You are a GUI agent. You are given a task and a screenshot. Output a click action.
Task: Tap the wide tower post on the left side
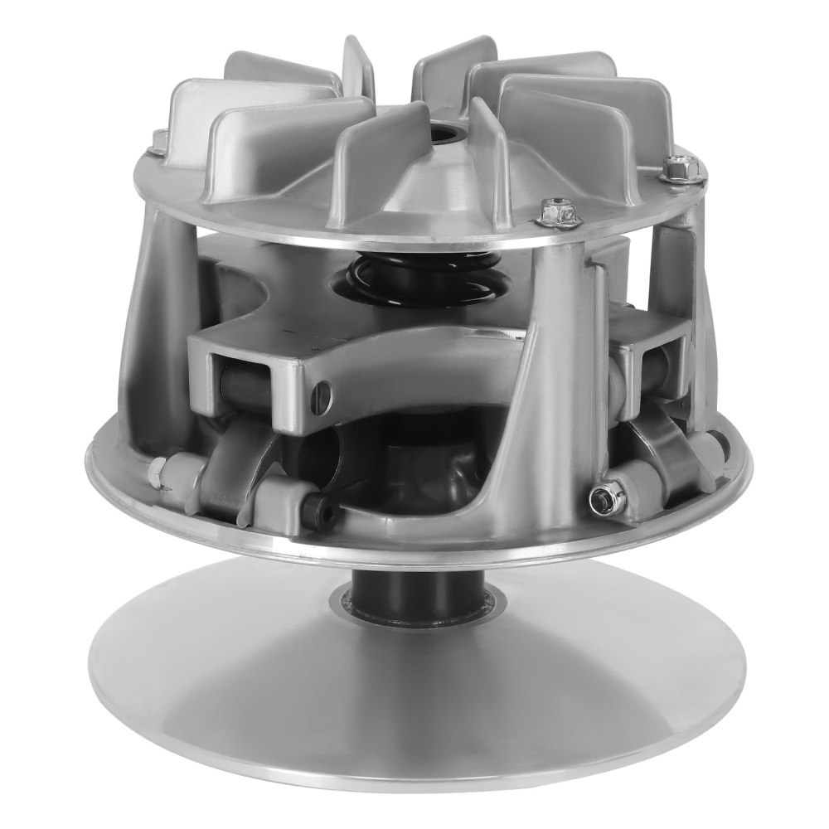coord(153,315)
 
